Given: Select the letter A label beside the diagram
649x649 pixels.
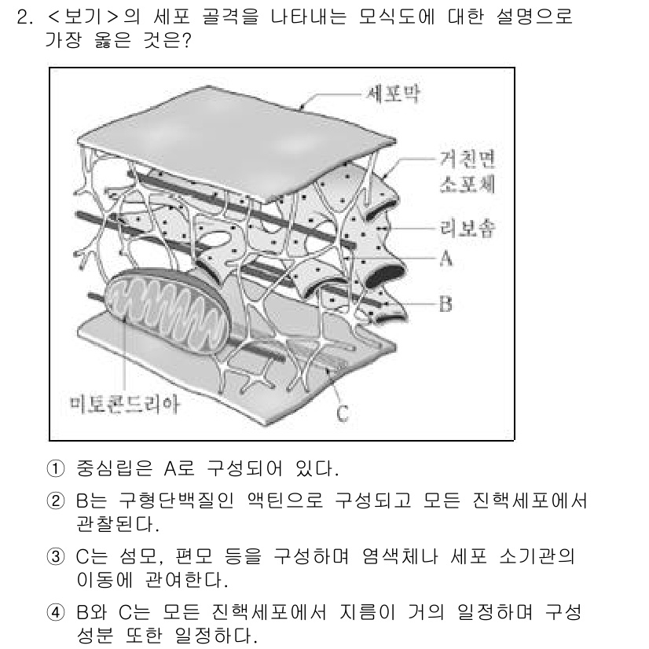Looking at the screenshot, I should tap(445, 258).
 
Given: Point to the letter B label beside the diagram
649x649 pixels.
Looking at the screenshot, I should tap(445, 303).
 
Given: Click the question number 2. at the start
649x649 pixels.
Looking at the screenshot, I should tap(24, 17).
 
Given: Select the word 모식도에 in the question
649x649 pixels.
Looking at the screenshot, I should tap(380, 17).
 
